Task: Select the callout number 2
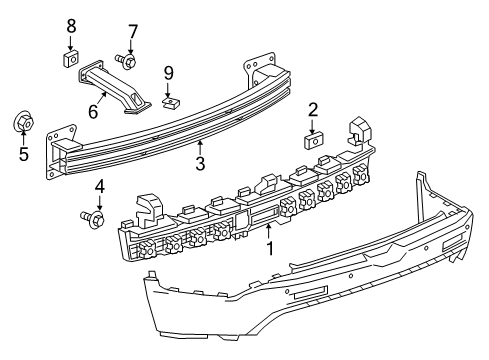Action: pos(312,110)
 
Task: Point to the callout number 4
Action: pos(99,186)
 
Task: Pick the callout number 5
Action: pos(23,154)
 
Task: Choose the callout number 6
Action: pos(93,112)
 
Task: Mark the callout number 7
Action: pos(132,30)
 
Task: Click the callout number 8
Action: pos(71,25)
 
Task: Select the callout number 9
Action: pos(169,73)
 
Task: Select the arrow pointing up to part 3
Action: pos(200,145)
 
